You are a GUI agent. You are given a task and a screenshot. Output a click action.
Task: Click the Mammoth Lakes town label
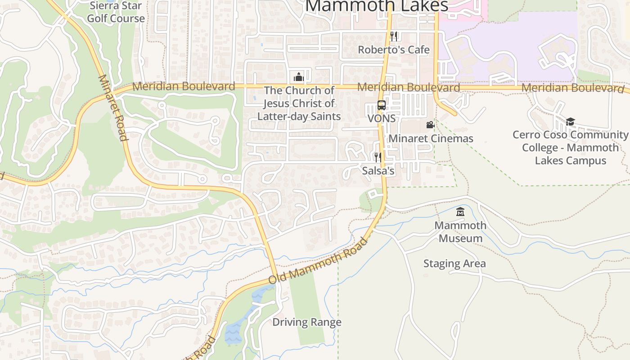coord(377,6)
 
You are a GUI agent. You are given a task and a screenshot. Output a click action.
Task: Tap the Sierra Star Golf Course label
coord(116,12)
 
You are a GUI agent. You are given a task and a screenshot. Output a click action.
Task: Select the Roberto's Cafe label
coord(394,49)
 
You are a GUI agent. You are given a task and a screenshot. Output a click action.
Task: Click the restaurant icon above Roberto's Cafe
coord(394,36)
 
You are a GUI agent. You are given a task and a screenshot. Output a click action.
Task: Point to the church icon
coord(299,77)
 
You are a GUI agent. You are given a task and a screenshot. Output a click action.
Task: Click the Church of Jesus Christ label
coord(299,103)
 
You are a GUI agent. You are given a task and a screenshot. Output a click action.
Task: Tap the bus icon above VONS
coord(382,106)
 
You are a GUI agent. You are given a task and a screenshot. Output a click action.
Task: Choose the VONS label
coord(382,118)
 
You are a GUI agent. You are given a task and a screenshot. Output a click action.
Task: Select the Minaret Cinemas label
coord(431,139)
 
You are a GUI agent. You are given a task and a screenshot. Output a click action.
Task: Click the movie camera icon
coord(430,125)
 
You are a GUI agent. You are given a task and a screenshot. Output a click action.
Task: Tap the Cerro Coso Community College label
coord(571,148)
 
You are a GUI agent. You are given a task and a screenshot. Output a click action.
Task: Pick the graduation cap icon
coord(570,121)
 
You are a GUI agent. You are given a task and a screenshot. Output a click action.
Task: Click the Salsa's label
coord(378,171)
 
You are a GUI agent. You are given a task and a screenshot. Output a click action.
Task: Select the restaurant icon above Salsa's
coord(378,157)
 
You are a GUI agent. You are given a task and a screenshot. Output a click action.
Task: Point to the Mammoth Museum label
coord(460,232)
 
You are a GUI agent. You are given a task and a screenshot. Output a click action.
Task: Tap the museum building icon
coord(460,212)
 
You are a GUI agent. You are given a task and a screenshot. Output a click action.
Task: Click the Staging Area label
coord(454,264)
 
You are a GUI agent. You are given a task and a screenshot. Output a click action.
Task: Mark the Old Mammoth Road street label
coord(318,261)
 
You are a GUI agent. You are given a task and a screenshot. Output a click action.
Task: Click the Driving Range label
coord(307,322)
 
